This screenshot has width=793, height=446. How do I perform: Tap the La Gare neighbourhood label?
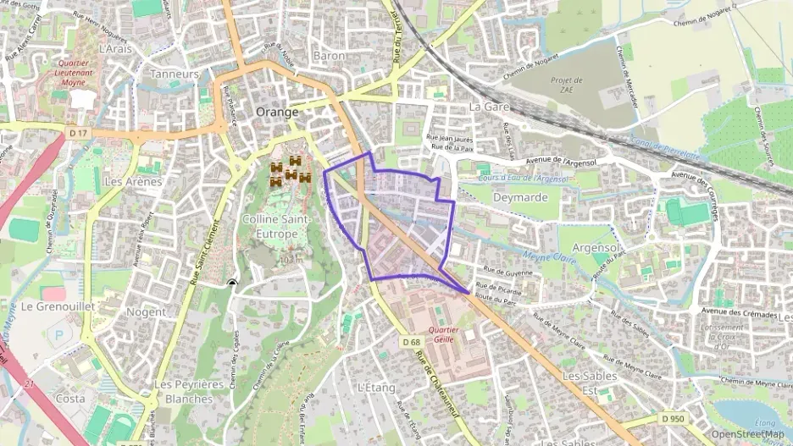(x=488, y=107)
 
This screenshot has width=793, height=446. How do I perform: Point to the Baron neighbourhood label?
(x=329, y=55)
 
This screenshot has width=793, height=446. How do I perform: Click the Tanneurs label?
(x=174, y=74)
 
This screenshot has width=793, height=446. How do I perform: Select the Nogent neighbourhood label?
(x=146, y=311)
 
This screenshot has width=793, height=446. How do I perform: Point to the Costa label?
(x=69, y=398)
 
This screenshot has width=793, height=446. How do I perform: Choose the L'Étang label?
(x=377, y=388)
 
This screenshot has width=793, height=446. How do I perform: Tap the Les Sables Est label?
(x=586, y=382)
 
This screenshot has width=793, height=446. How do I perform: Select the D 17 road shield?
(x=79, y=133)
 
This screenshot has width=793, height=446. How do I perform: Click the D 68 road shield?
(x=411, y=341)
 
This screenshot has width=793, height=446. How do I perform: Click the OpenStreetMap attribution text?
(x=747, y=434)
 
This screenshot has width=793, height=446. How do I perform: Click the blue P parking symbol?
(x=58, y=335)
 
